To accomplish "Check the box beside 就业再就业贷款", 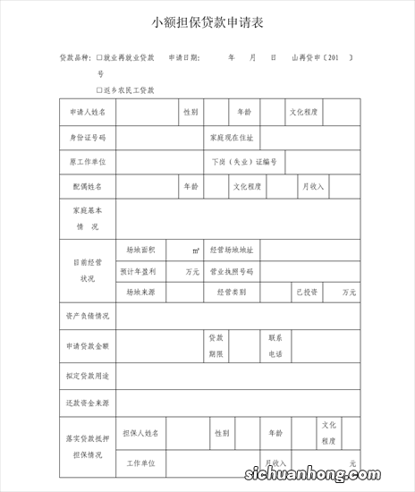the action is [x=100, y=57].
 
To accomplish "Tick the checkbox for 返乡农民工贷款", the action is [x=100, y=90].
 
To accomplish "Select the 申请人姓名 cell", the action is [x=88, y=113].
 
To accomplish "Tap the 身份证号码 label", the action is [x=88, y=138].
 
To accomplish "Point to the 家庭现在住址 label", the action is [x=232, y=138].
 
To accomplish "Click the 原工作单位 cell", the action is [x=88, y=162].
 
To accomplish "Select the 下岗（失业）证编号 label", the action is [x=243, y=162].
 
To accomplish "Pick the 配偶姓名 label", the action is [x=88, y=187].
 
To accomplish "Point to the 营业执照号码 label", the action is [x=232, y=271].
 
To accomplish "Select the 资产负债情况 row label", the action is [x=88, y=316].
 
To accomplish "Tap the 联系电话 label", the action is [x=275, y=345].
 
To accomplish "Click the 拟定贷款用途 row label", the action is [x=88, y=376].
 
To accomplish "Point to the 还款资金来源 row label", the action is [x=88, y=403].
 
